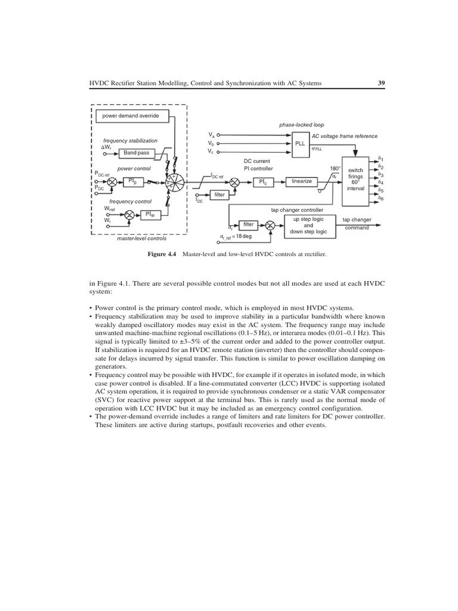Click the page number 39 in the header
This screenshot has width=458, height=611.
pos(382,84)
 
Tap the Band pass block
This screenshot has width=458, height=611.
pos(136,153)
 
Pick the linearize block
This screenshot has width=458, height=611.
pos(302,181)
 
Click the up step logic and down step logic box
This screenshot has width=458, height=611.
pos(308,225)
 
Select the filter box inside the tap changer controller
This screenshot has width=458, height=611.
pos(249,225)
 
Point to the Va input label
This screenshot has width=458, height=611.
pos(211,135)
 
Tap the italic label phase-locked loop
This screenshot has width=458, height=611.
pos(301,125)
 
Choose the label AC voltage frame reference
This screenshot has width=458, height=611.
pos(344,136)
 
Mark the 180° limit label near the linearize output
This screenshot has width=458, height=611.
pos(335,169)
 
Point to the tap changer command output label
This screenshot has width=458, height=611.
pos(357,224)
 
